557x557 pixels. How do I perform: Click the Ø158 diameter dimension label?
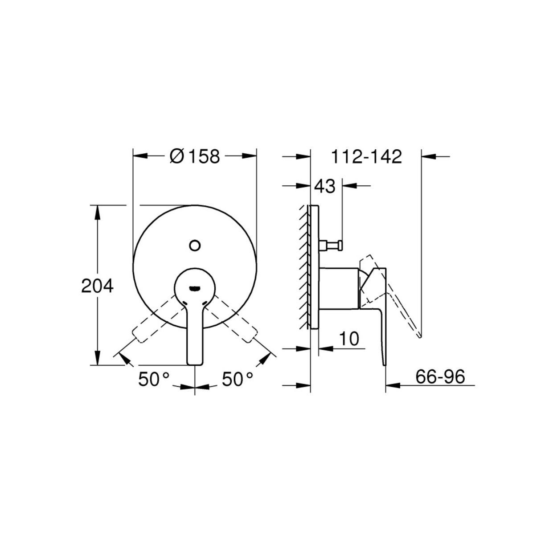(195, 157)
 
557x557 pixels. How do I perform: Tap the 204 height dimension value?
(98, 286)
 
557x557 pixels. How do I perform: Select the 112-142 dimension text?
(366, 157)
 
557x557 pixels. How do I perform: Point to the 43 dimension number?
(325, 186)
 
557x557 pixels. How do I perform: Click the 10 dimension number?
(349, 339)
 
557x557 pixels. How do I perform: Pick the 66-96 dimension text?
(440, 377)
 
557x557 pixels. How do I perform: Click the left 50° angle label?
(154, 379)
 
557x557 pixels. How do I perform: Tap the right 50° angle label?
(238, 379)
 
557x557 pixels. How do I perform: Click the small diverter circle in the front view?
(195, 246)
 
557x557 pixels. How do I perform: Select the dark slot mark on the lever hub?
(195, 287)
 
